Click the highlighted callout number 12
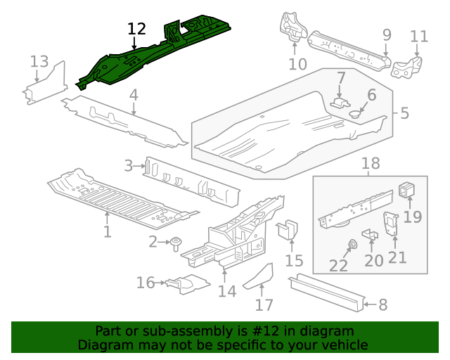click(136, 29)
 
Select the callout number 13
click(39, 62)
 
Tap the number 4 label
click(133, 95)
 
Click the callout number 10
click(297, 65)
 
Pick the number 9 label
click(387, 34)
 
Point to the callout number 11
click(419, 36)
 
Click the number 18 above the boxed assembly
click(371, 164)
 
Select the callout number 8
click(382, 305)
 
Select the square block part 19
click(408, 190)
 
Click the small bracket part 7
click(340, 102)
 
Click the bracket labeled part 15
click(288, 230)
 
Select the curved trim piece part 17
click(259, 276)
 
